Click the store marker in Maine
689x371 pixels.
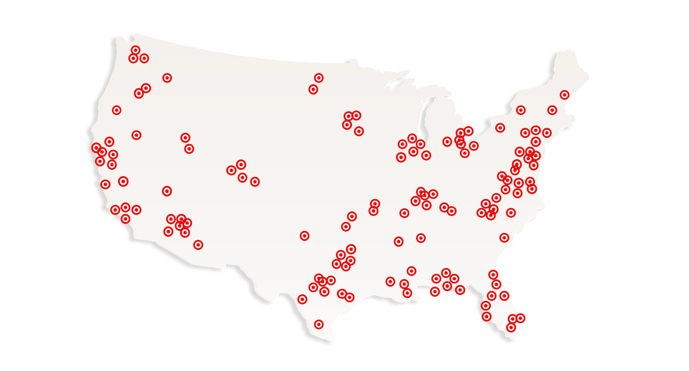[x=564, y=95]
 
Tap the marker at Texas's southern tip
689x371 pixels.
[x=319, y=324]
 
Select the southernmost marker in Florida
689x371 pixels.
[x=511, y=327]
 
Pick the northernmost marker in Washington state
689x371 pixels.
[x=135, y=50]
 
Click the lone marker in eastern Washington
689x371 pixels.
[x=167, y=78]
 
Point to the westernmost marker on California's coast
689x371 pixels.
[x=96, y=147]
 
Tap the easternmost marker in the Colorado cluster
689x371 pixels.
[x=255, y=182]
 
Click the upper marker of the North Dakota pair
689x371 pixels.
[x=319, y=78]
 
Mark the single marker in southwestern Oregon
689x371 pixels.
[x=117, y=110]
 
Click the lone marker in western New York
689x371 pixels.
[x=500, y=128]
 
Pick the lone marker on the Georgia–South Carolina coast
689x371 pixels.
[x=504, y=238]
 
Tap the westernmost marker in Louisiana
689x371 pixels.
[x=390, y=281]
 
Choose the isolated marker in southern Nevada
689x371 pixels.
[x=167, y=191]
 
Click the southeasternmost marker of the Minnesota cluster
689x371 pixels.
[x=359, y=131]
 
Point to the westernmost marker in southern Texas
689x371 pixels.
[x=303, y=299]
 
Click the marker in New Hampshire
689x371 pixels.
[x=552, y=110]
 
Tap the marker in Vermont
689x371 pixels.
[x=521, y=110]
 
